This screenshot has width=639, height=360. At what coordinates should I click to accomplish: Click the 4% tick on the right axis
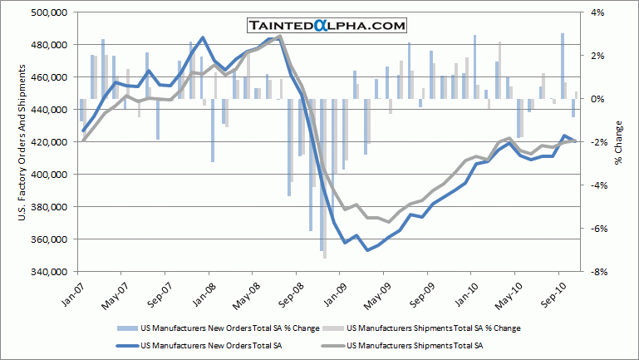click(597, 12)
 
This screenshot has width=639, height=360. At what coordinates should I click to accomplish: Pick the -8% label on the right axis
click(598, 272)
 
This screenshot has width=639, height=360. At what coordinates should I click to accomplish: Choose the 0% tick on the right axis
click(597, 99)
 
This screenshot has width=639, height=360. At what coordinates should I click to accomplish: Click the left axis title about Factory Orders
click(20, 142)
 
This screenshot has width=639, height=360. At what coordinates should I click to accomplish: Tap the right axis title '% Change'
click(619, 142)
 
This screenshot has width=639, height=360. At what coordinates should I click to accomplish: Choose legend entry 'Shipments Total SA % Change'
click(433, 328)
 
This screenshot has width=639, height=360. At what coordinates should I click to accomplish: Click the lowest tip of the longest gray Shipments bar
click(325, 258)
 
